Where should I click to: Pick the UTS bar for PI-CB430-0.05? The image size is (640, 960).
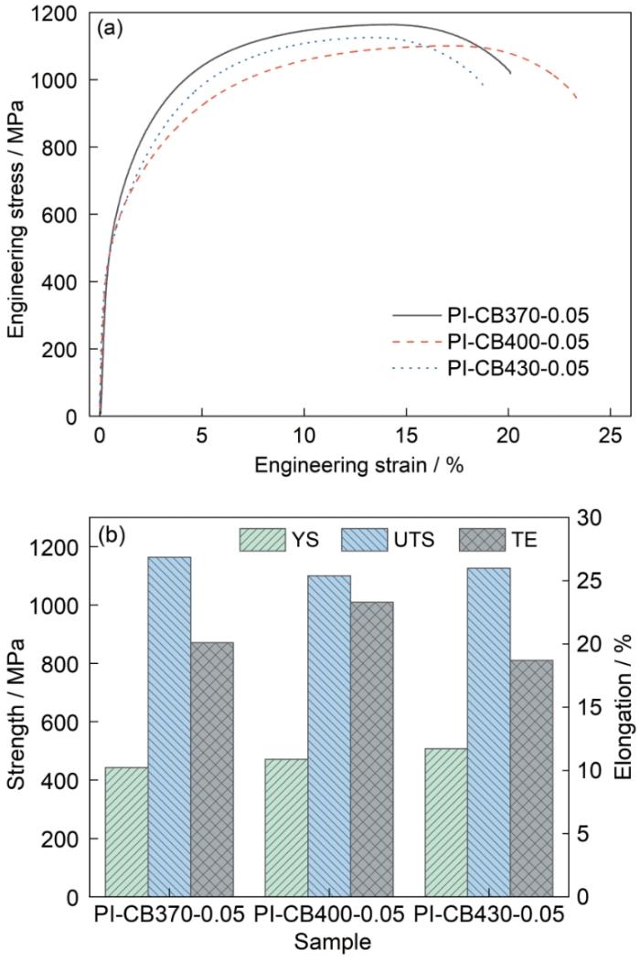488,731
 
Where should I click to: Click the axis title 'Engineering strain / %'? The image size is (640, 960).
359,465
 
